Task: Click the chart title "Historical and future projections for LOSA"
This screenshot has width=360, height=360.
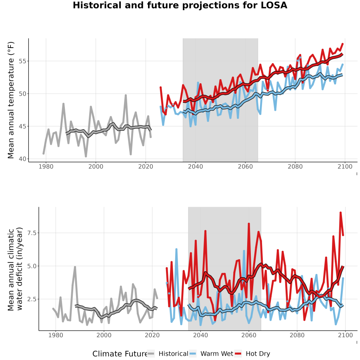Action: click(180, 5)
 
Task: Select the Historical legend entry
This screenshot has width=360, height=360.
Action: click(168, 354)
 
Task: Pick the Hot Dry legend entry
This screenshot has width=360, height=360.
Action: click(252, 354)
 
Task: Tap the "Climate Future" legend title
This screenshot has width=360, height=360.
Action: click(120, 354)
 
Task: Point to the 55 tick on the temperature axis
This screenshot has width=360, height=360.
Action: click(22, 61)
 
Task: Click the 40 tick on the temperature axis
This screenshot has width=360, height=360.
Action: click(22, 159)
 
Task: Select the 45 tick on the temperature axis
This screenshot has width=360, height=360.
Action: click(22, 126)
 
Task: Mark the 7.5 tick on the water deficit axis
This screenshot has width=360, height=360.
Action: click(32, 233)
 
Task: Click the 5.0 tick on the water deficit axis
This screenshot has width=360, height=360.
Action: click(32, 266)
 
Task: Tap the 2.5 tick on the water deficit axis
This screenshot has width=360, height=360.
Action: click(32, 299)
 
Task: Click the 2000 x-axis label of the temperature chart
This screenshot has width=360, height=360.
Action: click(96, 166)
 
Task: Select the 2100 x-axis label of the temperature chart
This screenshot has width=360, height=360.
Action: click(345, 166)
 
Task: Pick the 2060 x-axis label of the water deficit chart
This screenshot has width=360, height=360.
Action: click(249, 335)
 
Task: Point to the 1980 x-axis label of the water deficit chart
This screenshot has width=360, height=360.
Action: click(56, 335)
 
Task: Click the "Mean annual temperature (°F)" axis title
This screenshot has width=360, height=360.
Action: click(11, 100)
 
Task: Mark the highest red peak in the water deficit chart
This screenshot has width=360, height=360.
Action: click(341, 213)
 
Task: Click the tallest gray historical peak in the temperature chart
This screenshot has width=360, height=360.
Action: click(126, 95)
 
